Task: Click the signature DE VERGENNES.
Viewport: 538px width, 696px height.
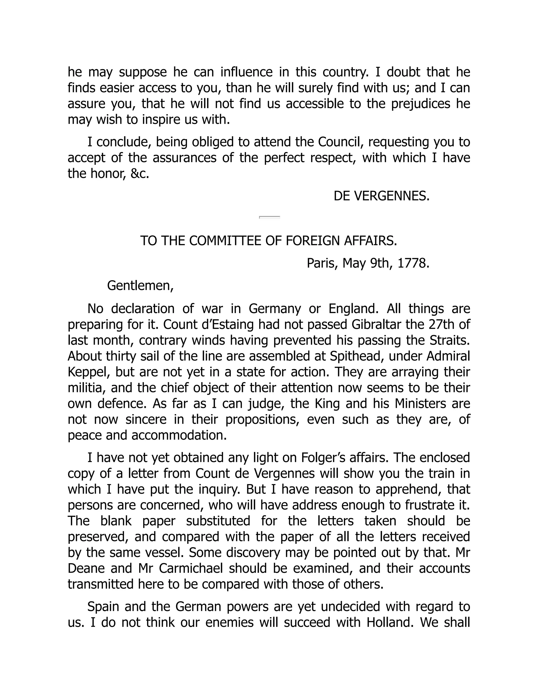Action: point(381,196)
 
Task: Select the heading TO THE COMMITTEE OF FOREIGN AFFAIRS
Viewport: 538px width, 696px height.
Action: point(269,241)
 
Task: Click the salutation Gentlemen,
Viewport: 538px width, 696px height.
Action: point(140,285)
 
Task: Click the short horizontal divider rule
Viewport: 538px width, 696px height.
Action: point(270,217)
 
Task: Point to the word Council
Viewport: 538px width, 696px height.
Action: point(340,142)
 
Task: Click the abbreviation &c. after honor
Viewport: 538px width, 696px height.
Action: point(140,174)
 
